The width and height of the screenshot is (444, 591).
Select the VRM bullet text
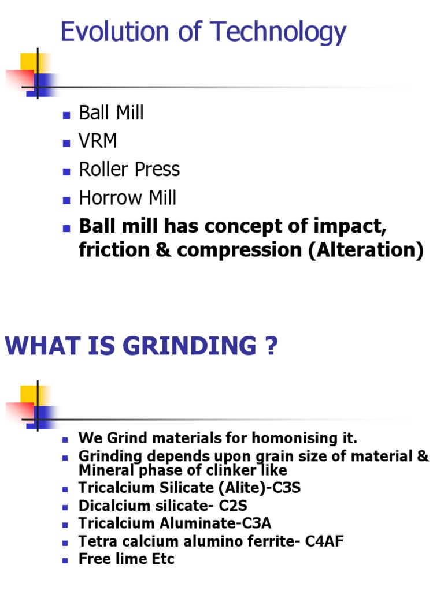click(x=98, y=141)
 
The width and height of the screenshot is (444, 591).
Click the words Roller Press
click(x=129, y=169)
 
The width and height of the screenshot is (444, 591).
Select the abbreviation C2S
click(x=232, y=506)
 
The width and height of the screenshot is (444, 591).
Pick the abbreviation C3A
click(x=255, y=523)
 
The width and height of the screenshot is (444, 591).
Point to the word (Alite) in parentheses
click(x=235, y=488)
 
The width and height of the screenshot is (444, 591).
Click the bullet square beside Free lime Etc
click(x=65, y=559)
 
